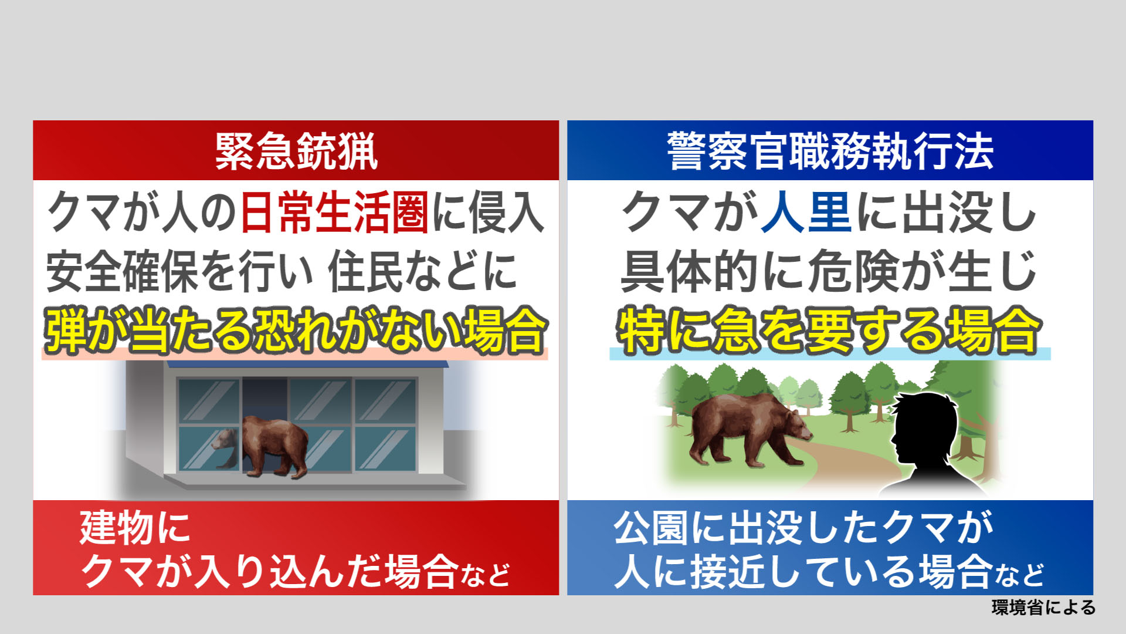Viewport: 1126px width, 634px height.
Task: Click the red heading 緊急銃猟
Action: point(296,151)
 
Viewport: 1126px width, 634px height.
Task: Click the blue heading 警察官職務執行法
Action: point(830,151)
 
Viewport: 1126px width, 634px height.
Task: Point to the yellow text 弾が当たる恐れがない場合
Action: point(296,331)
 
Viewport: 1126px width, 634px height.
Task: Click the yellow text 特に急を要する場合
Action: point(829,331)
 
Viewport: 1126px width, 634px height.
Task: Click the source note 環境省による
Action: point(1044,608)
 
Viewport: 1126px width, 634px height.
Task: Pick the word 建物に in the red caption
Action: point(135,527)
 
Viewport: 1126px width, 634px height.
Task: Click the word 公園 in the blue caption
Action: point(650,527)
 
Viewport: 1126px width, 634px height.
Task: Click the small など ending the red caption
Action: point(485,575)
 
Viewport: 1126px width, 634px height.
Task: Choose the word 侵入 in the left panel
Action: point(507,212)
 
